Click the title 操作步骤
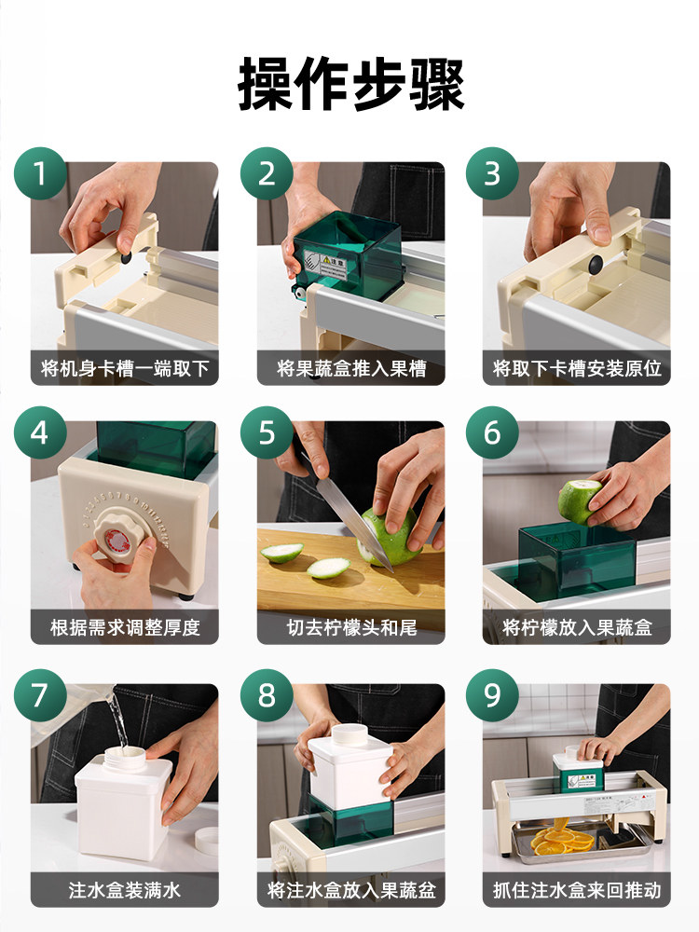(x=350, y=84)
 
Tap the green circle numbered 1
(x=40, y=173)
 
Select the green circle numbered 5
(x=267, y=433)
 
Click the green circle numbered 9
(x=492, y=695)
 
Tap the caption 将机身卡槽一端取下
(x=125, y=368)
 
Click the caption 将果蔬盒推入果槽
(x=350, y=368)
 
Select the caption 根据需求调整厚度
(x=125, y=627)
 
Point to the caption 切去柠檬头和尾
(x=350, y=627)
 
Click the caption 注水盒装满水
(x=125, y=889)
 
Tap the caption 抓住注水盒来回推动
(x=576, y=889)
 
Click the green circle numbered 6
(x=492, y=433)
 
